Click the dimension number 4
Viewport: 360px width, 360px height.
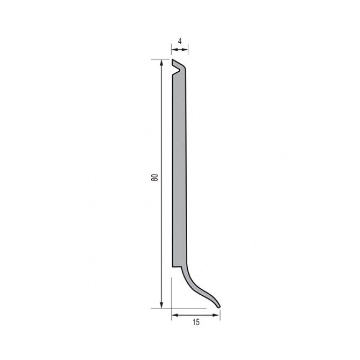point(180,42)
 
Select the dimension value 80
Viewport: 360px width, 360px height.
point(155,177)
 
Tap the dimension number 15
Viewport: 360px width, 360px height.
point(196,322)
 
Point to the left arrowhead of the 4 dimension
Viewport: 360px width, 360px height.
point(174,49)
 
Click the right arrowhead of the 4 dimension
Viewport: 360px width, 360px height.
point(186,49)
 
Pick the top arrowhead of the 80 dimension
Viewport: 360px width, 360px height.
point(162,63)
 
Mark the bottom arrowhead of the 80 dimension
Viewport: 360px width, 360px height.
point(162,305)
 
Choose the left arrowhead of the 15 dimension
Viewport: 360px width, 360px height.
point(174,315)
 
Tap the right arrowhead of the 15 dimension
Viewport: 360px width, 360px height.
point(217,315)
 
